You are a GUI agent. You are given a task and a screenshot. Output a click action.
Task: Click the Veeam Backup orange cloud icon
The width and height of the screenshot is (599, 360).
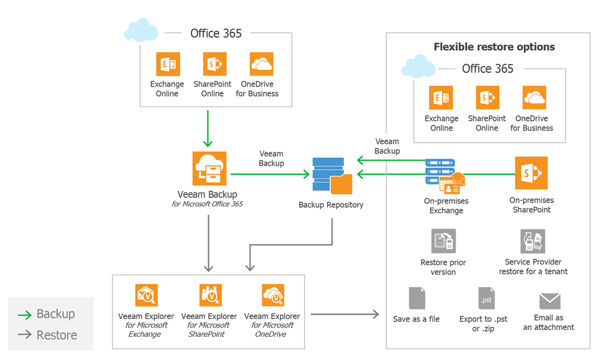point(209,168)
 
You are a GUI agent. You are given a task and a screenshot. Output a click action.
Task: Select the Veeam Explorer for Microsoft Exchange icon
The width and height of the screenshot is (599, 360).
point(146,296)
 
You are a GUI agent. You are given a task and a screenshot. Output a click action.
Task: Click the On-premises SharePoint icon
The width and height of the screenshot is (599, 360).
point(531,174)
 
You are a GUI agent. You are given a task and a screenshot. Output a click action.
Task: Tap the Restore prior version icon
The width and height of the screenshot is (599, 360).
point(443,241)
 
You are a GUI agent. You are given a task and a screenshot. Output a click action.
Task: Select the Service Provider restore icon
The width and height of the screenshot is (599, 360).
point(533,241)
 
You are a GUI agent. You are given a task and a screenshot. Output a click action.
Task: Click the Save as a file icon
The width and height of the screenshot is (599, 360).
point(417,299)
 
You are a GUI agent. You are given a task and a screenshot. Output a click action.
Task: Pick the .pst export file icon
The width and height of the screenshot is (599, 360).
point(486,299)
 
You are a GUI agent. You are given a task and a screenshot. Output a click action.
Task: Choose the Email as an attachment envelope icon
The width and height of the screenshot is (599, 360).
point(550,301)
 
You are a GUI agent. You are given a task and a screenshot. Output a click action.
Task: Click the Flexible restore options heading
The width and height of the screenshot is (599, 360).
point(494,47)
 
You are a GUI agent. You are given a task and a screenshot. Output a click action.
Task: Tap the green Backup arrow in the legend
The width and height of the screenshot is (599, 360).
point(24,315)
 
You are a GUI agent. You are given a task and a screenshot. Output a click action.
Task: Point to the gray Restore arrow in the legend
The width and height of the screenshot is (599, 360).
point(24,335)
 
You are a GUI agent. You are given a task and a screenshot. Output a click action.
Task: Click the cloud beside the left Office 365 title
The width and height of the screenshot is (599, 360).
point(142,30)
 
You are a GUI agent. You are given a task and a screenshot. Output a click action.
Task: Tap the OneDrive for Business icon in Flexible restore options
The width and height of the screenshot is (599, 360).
point(534,98)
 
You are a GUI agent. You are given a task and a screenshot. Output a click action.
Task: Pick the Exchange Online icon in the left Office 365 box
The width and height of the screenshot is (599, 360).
point(168,64)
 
